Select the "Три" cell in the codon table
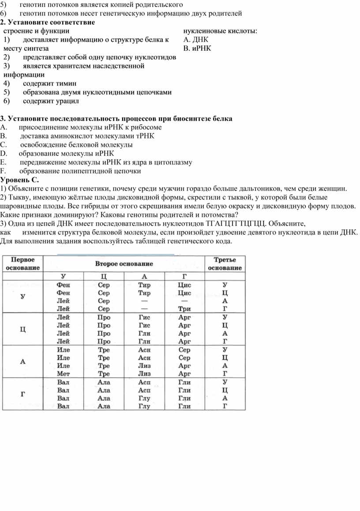tap(184, 309)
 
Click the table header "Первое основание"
tap(25, 263)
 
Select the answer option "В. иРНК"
tap(196, 48)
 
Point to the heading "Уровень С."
tap(20, 179)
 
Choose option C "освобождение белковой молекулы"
tap(76, 145)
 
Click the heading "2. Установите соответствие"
tap(47, 22)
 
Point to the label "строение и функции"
tap(36, 31)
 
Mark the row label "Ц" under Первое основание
tap(23, 329)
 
